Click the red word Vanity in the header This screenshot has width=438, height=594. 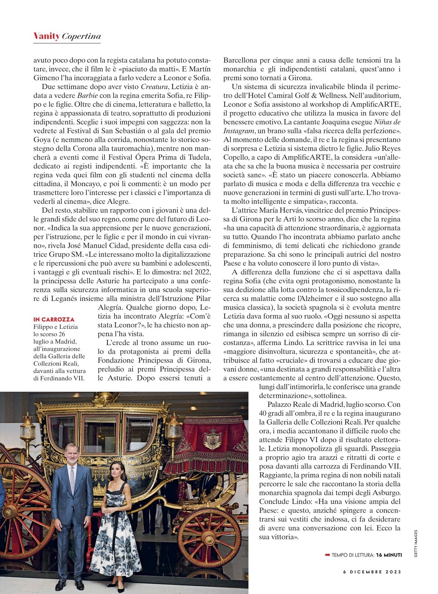point(46,36)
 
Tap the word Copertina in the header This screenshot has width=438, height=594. point(81,36)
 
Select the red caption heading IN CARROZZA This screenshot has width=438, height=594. point(54,319)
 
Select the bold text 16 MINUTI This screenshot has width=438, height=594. point(389,555)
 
